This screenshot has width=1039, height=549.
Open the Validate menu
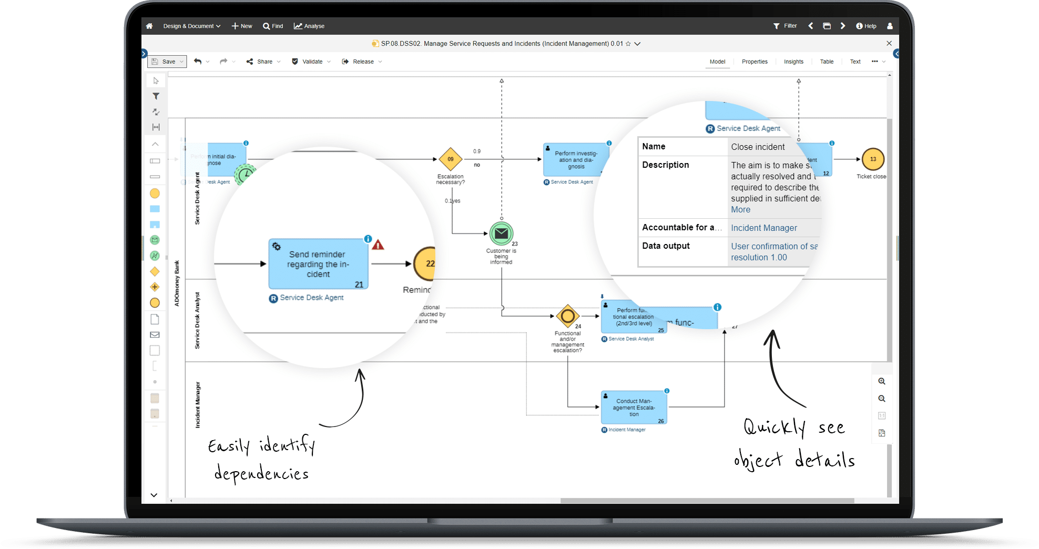[311, 62]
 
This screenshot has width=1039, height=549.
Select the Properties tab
[755, 62]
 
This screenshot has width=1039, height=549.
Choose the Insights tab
[793, 62]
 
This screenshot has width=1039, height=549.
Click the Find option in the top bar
[273, 26]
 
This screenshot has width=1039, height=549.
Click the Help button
[866, 26]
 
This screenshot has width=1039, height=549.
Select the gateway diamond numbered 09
[451, 159]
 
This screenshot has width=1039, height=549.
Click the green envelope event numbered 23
[501, 233]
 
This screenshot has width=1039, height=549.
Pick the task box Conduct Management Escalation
[634, 408]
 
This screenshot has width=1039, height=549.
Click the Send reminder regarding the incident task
[318, 263]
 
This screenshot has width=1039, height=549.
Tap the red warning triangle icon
[378, 245]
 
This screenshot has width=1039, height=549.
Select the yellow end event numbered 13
[873, 159]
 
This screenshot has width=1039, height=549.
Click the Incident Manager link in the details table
[763, 228]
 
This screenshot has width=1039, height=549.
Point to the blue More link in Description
[740, 209]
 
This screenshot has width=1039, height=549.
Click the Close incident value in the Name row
[758, 147]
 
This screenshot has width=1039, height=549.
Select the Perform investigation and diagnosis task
[576, 160]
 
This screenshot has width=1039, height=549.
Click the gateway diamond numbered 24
[568, 316]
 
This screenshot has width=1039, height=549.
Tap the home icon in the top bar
[149, 26]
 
